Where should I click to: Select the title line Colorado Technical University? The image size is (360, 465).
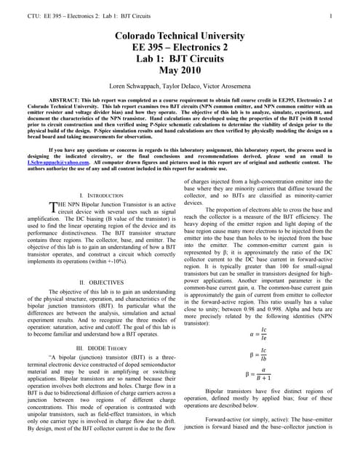tap(179, 36)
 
